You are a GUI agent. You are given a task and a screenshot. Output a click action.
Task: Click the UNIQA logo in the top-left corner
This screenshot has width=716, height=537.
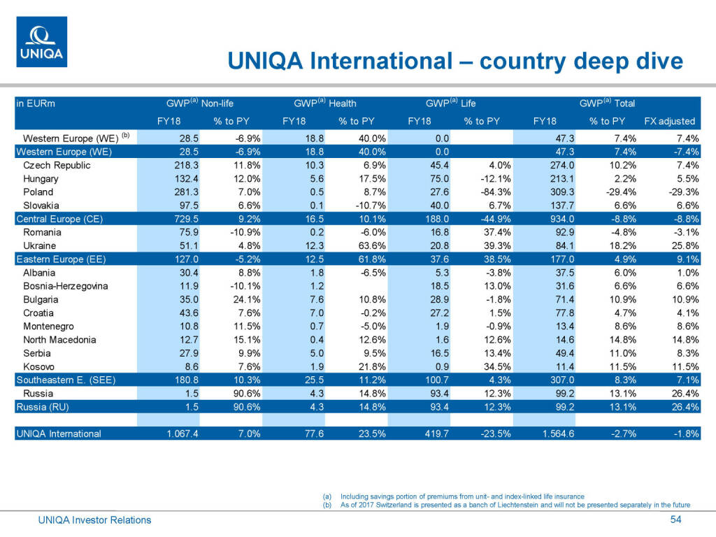(42, 42)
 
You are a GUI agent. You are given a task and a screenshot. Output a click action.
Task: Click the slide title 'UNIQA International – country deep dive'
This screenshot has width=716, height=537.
(455, 62)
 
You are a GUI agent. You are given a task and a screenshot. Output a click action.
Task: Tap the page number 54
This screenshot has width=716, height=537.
(675, 519)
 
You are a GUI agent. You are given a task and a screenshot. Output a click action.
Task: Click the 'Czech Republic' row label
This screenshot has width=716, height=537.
(57, 166)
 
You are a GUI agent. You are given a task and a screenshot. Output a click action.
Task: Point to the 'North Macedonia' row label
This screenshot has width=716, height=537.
(59, 340)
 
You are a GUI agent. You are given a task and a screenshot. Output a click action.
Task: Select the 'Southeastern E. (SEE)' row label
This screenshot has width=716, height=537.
(65, 380)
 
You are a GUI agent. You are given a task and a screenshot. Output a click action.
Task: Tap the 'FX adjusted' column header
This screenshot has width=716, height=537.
(669, 121)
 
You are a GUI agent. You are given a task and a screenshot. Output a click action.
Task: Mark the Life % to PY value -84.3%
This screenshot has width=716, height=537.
(482, 192)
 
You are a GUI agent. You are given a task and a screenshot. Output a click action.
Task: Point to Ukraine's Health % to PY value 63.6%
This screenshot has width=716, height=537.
(357, 246)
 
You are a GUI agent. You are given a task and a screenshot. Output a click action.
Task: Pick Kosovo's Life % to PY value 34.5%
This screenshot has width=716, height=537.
(482, 366)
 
